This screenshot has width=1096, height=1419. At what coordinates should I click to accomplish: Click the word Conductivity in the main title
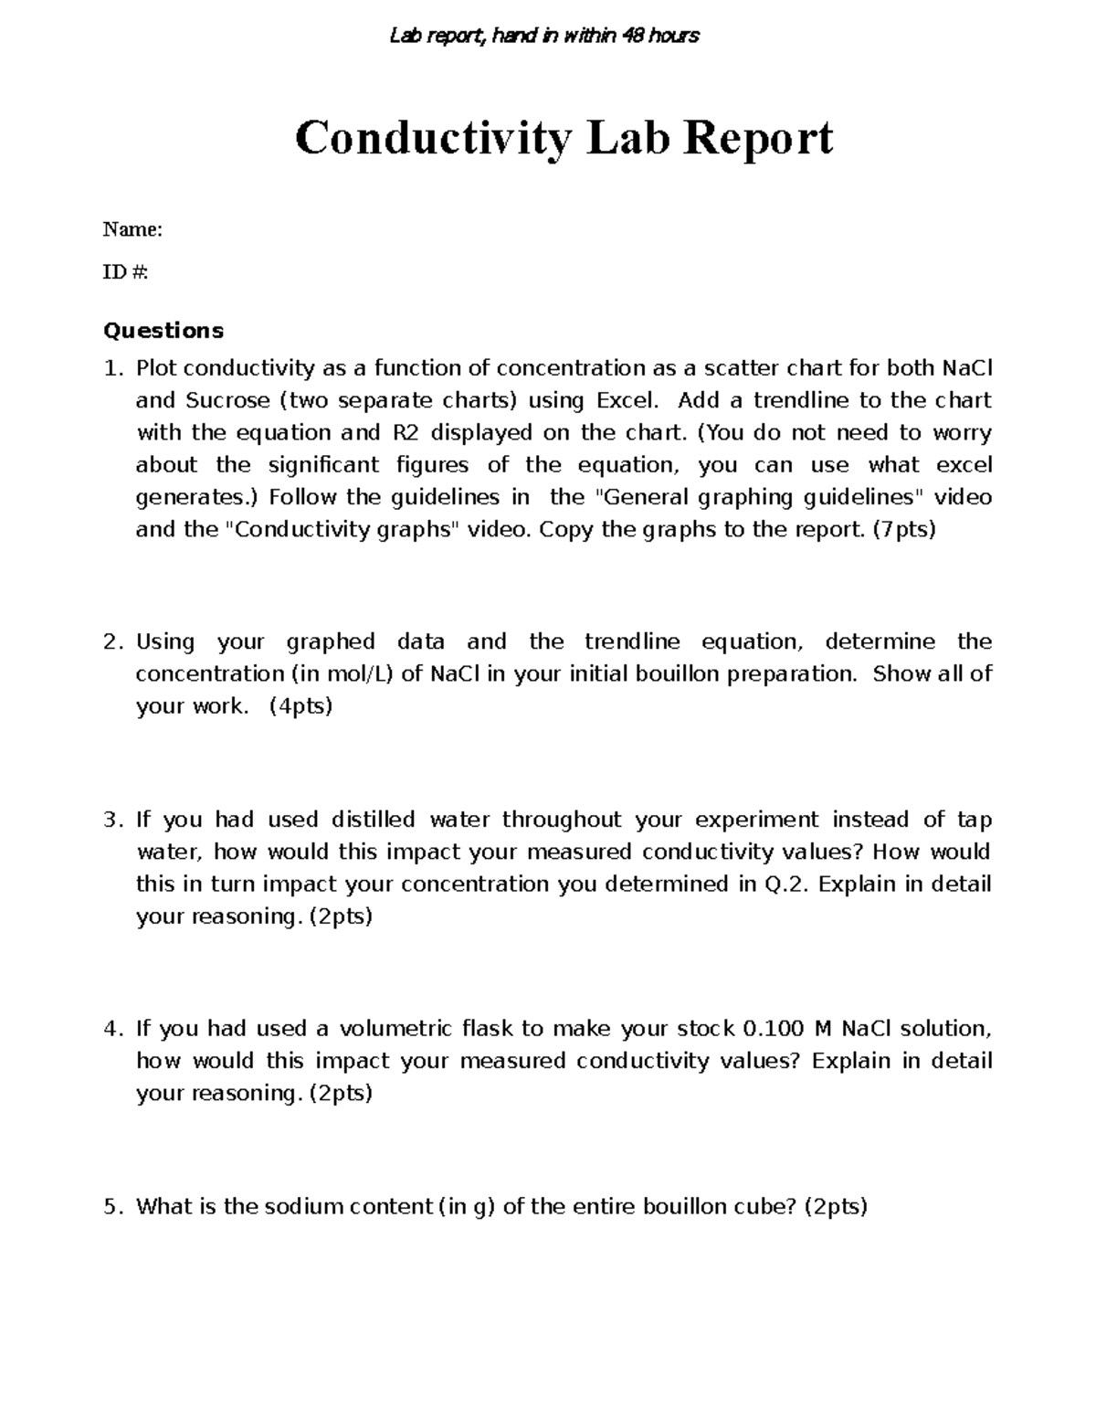tap(433, 139)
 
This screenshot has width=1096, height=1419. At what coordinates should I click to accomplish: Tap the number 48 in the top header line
tap(633, 36)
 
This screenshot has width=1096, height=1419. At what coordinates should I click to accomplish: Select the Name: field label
tap(132, 229)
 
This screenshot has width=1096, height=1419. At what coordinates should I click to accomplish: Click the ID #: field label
tap(125, 272)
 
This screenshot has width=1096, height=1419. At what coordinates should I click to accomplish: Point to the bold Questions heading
tap(163, 330)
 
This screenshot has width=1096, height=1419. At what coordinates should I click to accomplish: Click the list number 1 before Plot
tap(111, 368)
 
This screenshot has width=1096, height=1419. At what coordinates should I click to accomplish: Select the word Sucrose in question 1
tap(228, 400)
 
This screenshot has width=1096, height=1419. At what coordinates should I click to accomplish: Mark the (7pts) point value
tap(904, 529)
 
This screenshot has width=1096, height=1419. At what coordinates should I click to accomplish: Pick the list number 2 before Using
tap(111, 641)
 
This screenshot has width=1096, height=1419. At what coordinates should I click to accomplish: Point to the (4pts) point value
tap(301, 705)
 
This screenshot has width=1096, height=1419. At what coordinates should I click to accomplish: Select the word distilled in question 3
tap(373, 820)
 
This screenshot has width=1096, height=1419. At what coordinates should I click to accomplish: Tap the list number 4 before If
tap(111, 1029)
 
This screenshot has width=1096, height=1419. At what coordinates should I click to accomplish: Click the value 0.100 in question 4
tap(775, 1029)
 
